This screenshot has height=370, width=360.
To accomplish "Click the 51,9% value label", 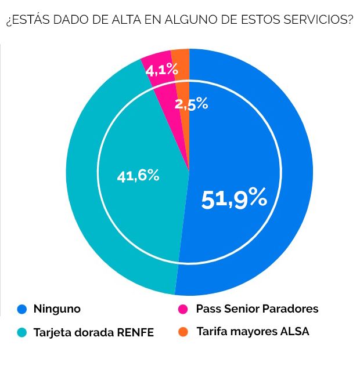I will pos(234,199).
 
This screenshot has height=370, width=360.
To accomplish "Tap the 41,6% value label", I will pos(138,176).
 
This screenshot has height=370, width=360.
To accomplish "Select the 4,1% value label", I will pos(161,71).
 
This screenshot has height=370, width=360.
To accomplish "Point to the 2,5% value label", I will pos(192,104).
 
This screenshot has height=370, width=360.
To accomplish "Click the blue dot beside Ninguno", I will pos(22,309).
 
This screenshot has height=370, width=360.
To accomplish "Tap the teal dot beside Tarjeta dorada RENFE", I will pos(22,333).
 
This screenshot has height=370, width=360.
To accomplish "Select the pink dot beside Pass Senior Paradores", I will pos(183,309).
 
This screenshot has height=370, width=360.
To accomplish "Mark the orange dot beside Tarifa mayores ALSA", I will pos(183,332).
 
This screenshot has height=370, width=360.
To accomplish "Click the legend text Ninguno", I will pos(57,309).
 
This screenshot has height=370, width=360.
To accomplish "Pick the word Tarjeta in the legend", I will pos(53,333).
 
